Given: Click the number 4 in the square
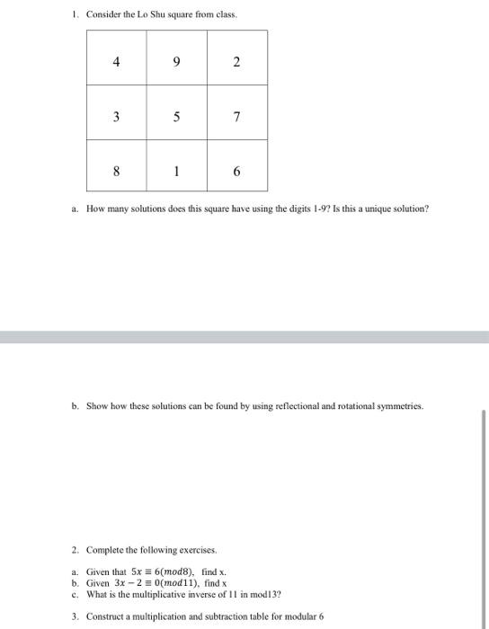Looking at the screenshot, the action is pos(116,62).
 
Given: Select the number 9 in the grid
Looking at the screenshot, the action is pos(176,62).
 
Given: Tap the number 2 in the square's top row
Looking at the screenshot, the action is pos(236,62).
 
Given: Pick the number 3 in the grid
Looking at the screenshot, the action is pos(116,117).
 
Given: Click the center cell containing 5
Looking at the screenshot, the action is pos(176,117).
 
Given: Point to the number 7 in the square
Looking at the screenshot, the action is pos(236,117).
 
